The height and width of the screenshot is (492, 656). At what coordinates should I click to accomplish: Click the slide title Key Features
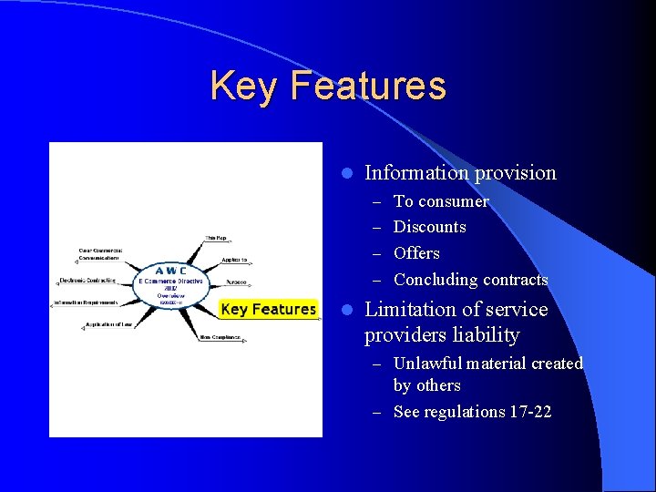click(x=328, y=86)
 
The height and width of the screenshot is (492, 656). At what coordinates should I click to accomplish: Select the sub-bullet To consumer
click(x=441, y=201)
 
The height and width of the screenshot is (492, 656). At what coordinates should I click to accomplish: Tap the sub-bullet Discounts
click(x=429, y=227)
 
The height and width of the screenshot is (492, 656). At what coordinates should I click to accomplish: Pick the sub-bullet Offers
click(x=416, y=253)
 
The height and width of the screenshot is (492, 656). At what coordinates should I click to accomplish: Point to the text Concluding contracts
click(x=470, y=280)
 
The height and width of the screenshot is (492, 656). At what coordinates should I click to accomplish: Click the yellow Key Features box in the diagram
click(x=268, y=310)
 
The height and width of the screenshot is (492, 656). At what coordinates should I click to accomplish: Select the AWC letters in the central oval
click(x=170, y=271)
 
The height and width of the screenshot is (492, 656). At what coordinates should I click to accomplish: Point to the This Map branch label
click(x=215, y=237)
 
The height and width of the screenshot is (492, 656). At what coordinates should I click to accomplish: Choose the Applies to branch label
click(x=233, y=261)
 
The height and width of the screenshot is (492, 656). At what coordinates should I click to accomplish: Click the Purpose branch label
click(x=235, y=282)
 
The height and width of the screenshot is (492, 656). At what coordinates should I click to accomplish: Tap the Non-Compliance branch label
click(x=220, y=337)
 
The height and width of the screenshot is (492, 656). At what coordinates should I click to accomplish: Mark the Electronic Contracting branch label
click(x=87, y=281)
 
